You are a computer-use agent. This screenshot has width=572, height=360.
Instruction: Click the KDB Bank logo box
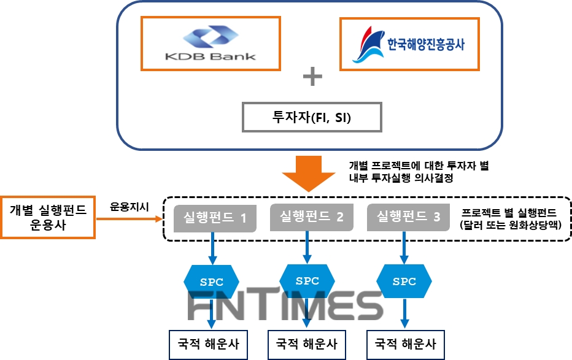[211, 42]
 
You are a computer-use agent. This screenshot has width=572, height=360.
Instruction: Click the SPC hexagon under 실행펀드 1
[212, 281]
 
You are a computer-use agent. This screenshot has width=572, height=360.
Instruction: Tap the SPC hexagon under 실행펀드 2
[307, 280]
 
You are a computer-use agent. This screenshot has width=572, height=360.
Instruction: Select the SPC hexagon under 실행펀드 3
[404, 281]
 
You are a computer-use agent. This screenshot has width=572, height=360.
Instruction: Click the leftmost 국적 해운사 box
[209, 344]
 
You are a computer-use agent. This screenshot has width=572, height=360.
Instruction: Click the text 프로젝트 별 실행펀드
[509, 212]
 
